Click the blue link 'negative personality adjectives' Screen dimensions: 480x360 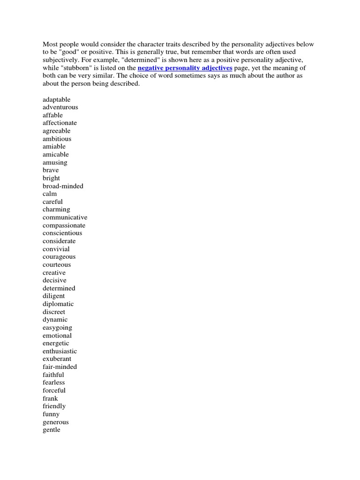click(185, 68)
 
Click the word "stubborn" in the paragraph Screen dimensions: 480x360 click(64, 68)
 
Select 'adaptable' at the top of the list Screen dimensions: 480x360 click(56, 99)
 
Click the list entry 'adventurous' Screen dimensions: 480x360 click(60, 107)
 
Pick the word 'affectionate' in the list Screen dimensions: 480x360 click(60, 123)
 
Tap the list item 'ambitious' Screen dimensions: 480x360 click(57, 139)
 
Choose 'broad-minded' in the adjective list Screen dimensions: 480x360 click(63, 186)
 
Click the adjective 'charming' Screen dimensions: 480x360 click(56, 210)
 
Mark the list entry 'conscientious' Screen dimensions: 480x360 click(62, 233)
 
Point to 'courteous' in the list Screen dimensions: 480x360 click(57, 265)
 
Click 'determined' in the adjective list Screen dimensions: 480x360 click(59, 288)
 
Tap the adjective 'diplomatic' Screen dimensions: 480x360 click(58, 304)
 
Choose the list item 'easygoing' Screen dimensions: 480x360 click(57, 328)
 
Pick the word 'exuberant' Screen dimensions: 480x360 click(58, 359)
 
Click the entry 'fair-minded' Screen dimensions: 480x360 click(60, 367)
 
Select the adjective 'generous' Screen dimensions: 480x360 click(55, 422)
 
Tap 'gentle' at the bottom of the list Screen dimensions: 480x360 click(51, 430)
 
